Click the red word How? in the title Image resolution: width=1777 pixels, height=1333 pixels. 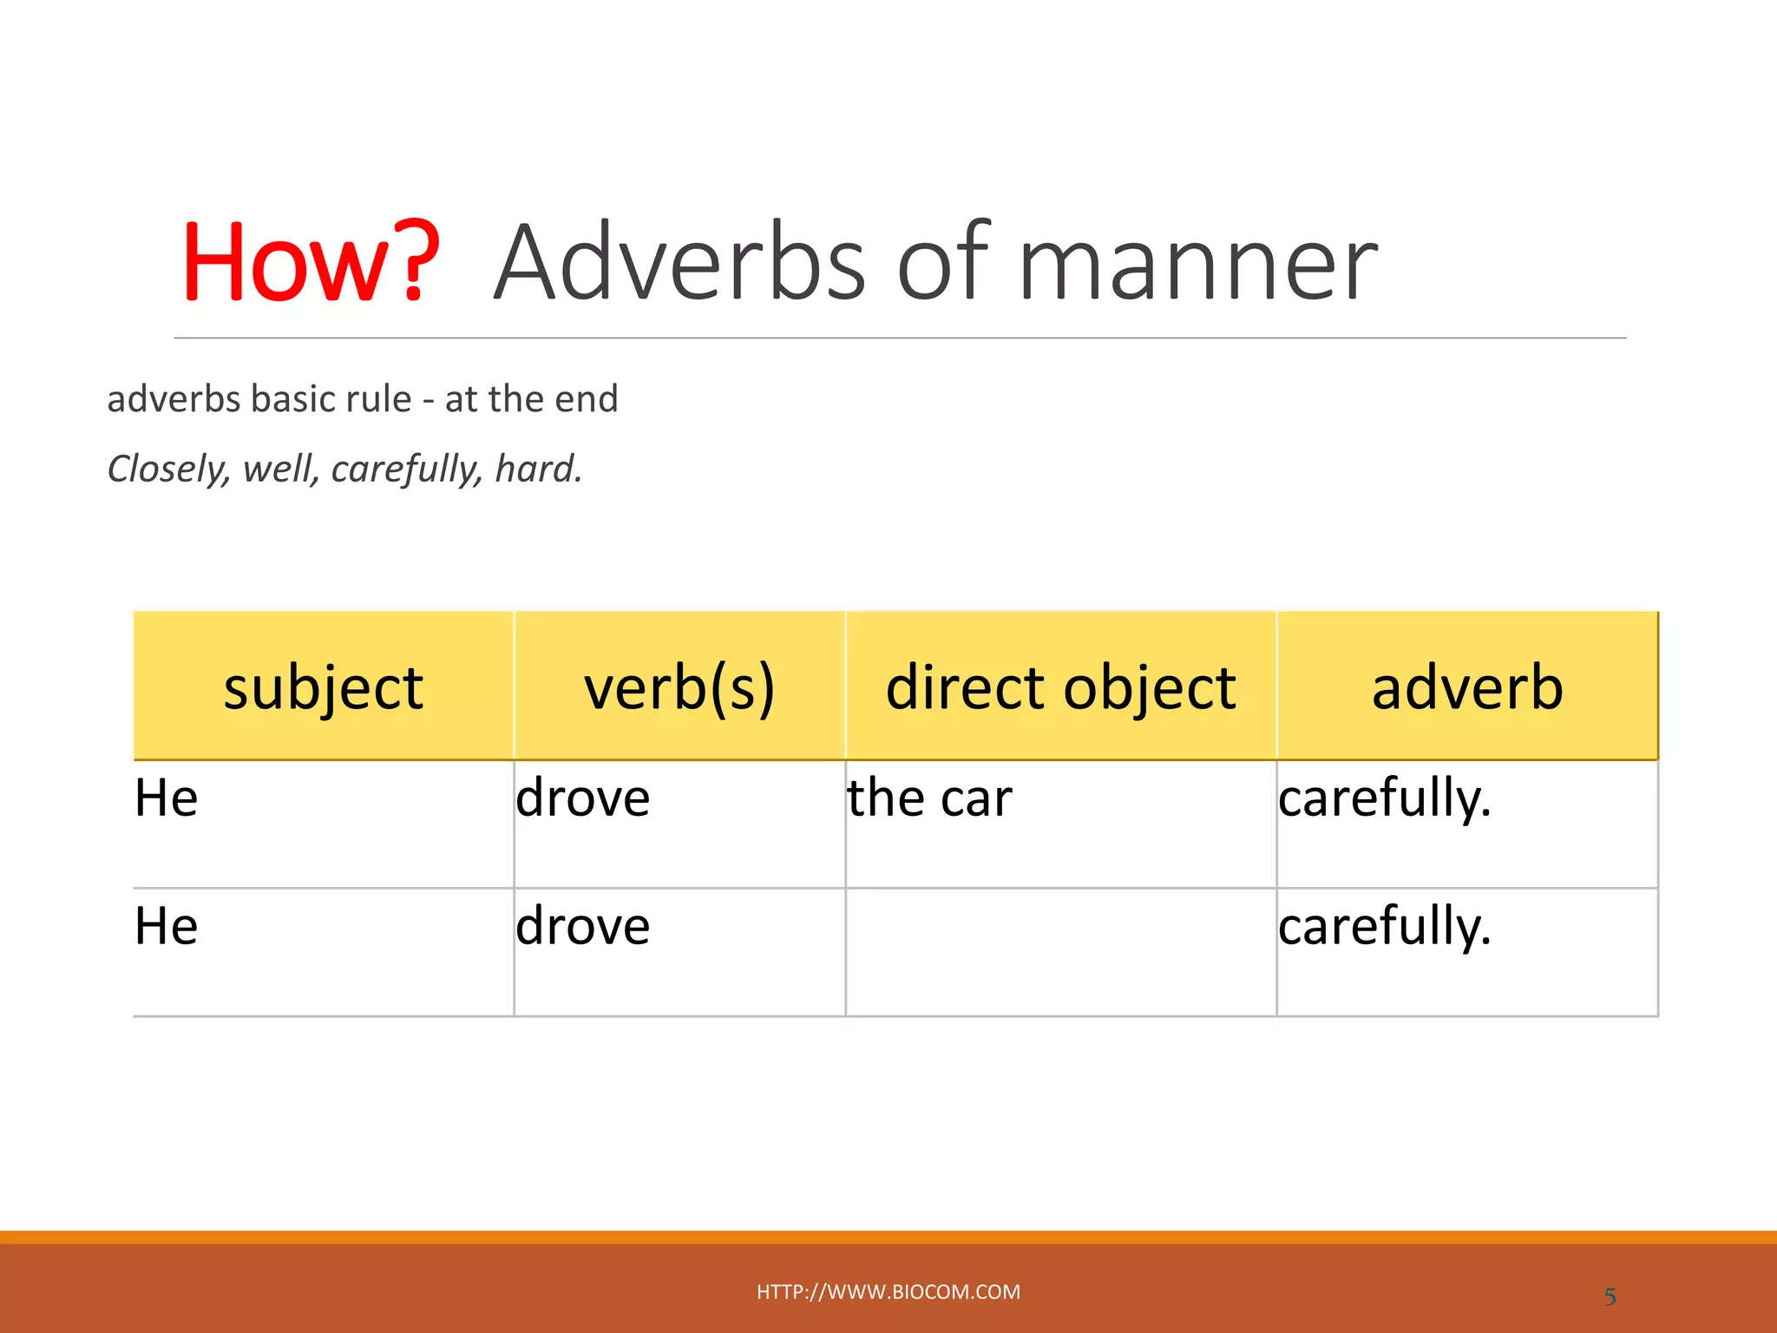click(x=311, y=262)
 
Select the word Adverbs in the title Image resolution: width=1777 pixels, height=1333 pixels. click(x=679, y=262)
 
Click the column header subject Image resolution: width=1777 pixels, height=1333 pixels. click(x=323, y=687)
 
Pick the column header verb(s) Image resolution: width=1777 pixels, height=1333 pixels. click(x=679, y=687)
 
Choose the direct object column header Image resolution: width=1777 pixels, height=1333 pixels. click(x=1060, y=687)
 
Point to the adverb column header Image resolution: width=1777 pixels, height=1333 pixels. click(x=1467, y=687)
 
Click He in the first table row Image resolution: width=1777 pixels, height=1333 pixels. click(x=167, y=798)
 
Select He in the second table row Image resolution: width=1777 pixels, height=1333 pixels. click(x=167, y=925)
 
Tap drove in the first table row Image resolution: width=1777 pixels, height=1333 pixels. click(x=582, y=798)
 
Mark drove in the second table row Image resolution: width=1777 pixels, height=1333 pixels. click(x=582, y=925)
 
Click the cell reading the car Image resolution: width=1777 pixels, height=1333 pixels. click(x=929, y=798)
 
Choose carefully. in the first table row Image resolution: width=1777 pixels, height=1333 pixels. click(x=1384, y=798)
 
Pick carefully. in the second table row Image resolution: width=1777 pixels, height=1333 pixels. click(x=1384, y=925)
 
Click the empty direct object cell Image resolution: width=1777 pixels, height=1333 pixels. click(x=1060, y=952)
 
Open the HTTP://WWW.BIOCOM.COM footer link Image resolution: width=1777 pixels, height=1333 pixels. click(x=888, y=1291)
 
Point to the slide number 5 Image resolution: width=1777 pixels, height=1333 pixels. click(x=1610, y=1297)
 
